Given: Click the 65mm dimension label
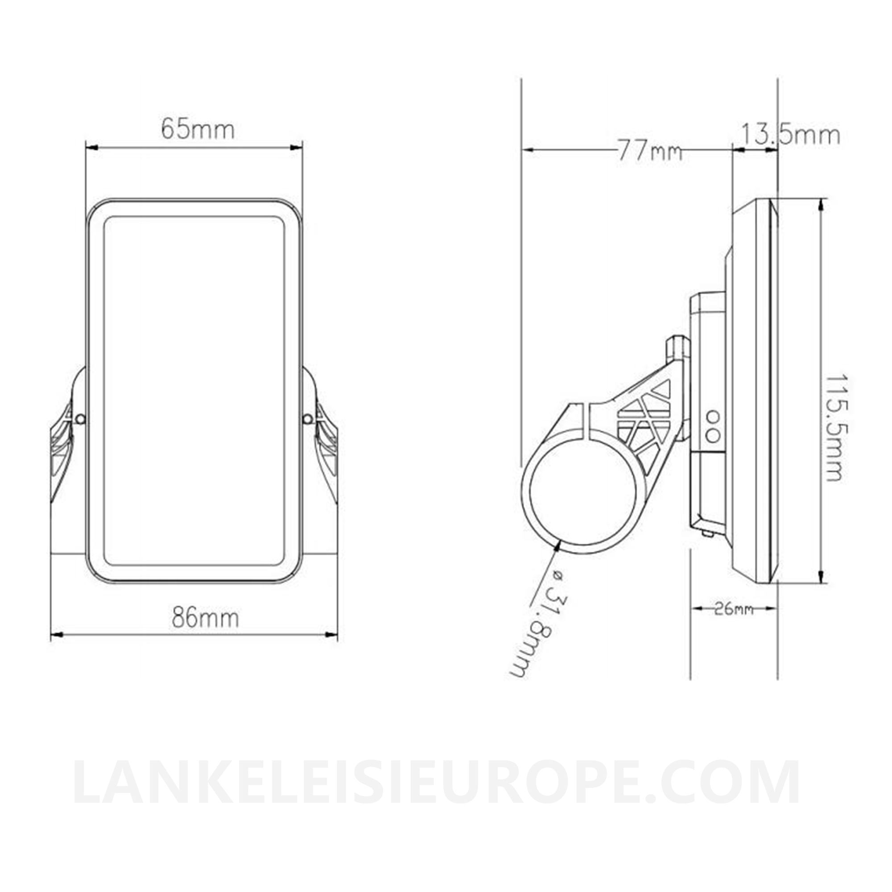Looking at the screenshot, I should (198, 130).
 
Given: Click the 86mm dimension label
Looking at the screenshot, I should (206, 617).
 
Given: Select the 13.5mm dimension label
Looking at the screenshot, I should (790, 136).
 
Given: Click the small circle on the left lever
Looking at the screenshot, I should (81, 419).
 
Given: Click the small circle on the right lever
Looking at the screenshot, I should (307, 419).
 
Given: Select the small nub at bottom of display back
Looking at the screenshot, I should (707, 533).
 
